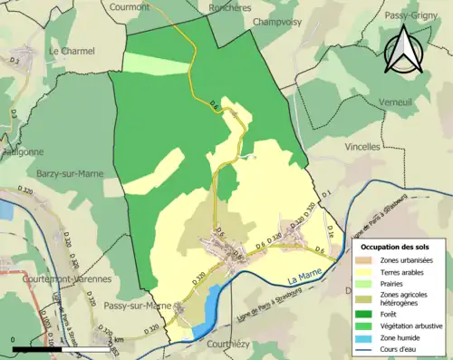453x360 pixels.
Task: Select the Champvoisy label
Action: [276, 22]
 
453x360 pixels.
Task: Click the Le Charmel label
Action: [72, 51]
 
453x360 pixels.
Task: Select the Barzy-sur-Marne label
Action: [72, 171]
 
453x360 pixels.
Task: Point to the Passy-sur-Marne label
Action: [138, 305]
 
